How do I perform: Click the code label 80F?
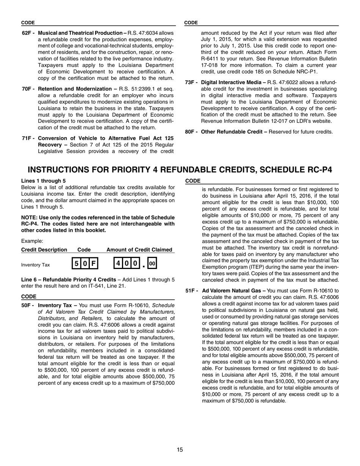point(191,132)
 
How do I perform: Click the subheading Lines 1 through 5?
point(43,181)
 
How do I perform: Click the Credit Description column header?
point(44,250)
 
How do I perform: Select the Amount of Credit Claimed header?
point(139,250)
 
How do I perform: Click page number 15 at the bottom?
point(180,450)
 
